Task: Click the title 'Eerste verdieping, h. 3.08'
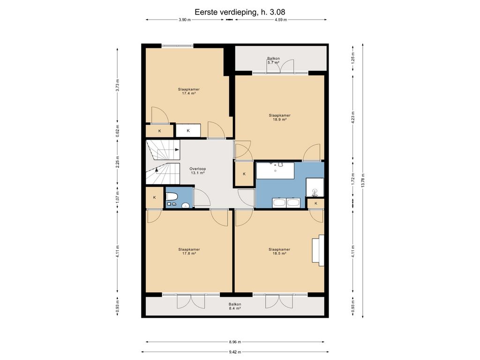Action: click(240, 12)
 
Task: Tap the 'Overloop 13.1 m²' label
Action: click(197, 171)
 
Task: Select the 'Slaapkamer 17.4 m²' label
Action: click(188, 91)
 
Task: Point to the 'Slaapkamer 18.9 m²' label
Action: click(279, 118)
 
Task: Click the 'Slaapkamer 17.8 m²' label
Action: click(189, 251)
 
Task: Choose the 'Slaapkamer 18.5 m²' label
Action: click(279, 251)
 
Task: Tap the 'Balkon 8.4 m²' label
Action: click(234, 307)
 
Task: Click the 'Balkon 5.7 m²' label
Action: click(273, 60)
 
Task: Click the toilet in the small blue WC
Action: click(172, 196)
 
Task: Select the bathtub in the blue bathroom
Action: click(275, 171)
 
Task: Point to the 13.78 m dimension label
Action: click(363, 180)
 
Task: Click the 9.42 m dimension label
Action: click(235, 352)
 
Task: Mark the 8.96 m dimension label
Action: click(235, 342)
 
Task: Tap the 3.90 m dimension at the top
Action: click(185, 20)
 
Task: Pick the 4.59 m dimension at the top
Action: click(281, 20)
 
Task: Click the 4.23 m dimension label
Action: click(353, 117)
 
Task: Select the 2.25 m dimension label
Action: click(118, 162)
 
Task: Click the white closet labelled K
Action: click(188, 130)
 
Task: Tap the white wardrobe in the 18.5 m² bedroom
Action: click(318, 250)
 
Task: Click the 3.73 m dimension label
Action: click(118, 85)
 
